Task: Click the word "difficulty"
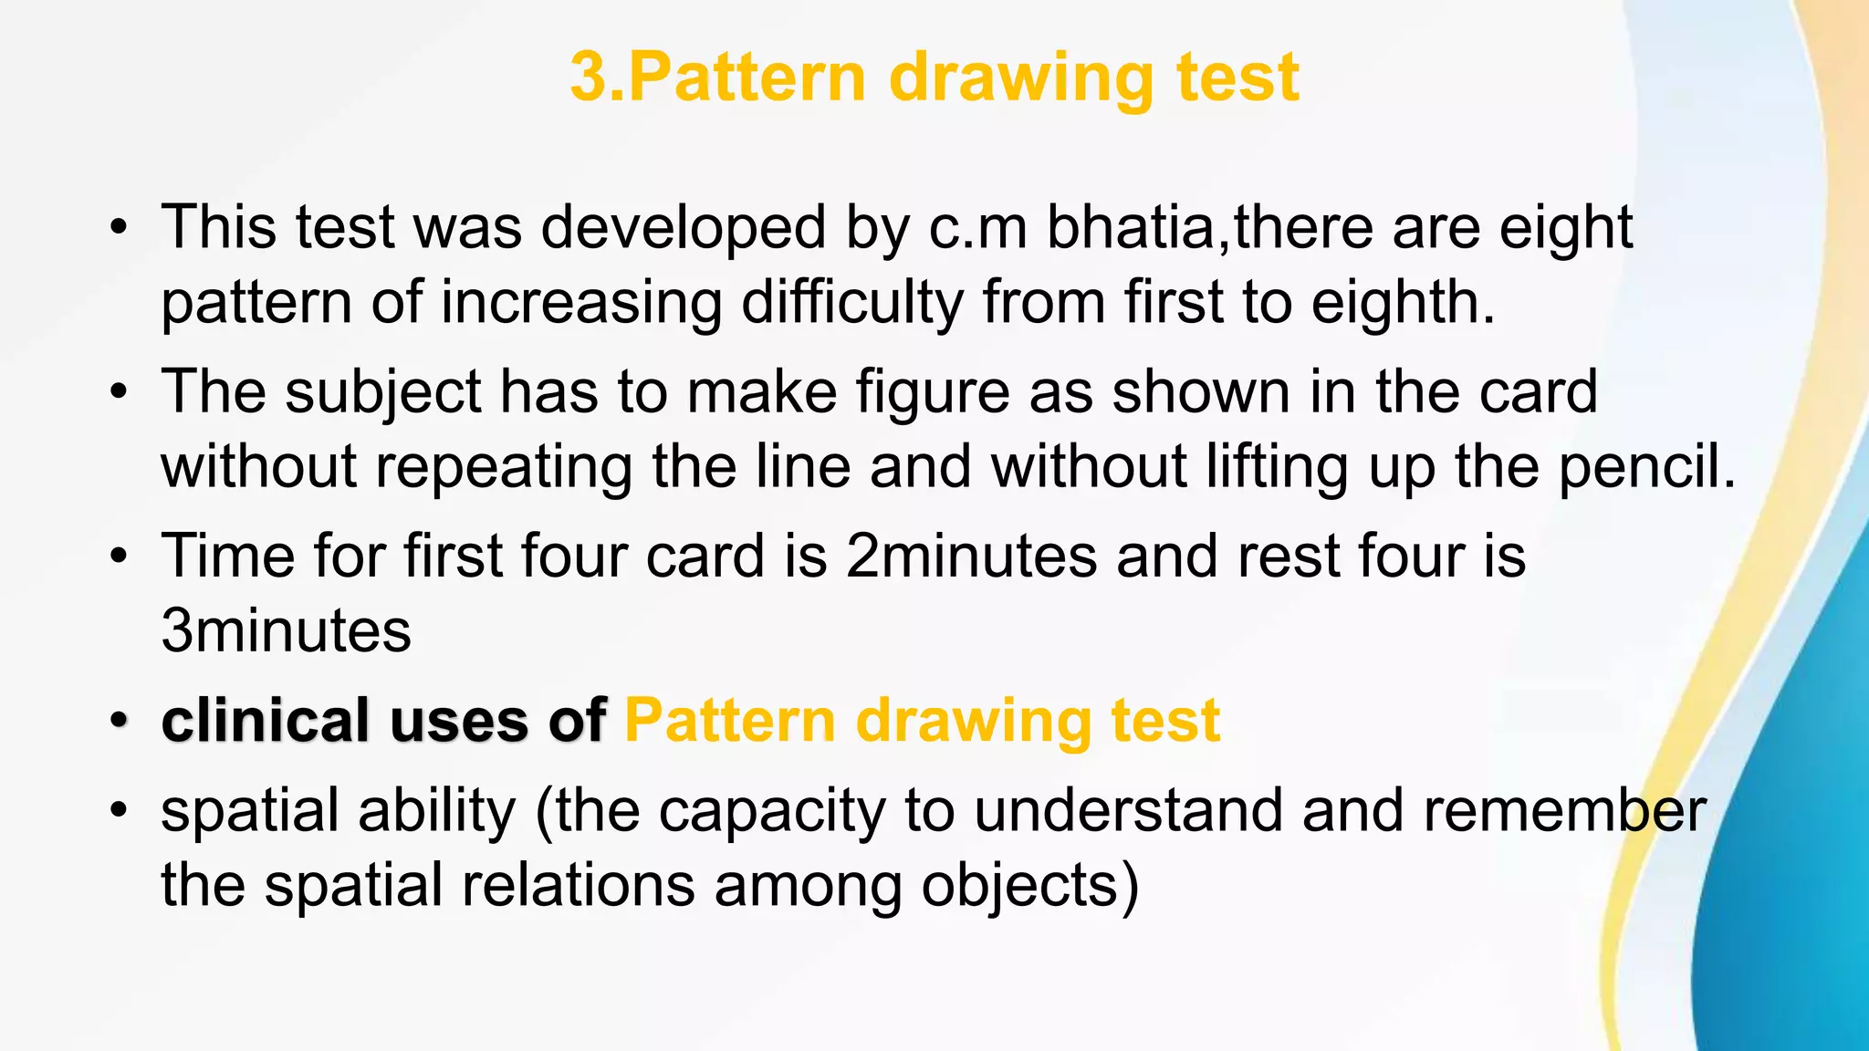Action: click(x=851, y=302)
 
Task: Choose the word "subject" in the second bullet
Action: click(x=383, y=392)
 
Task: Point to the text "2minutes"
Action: click(x=971, y=556)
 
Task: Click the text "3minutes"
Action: click(x=286, y=630)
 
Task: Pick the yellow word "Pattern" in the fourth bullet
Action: click(x=730, y=720)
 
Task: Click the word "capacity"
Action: click(x=771, y=811)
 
